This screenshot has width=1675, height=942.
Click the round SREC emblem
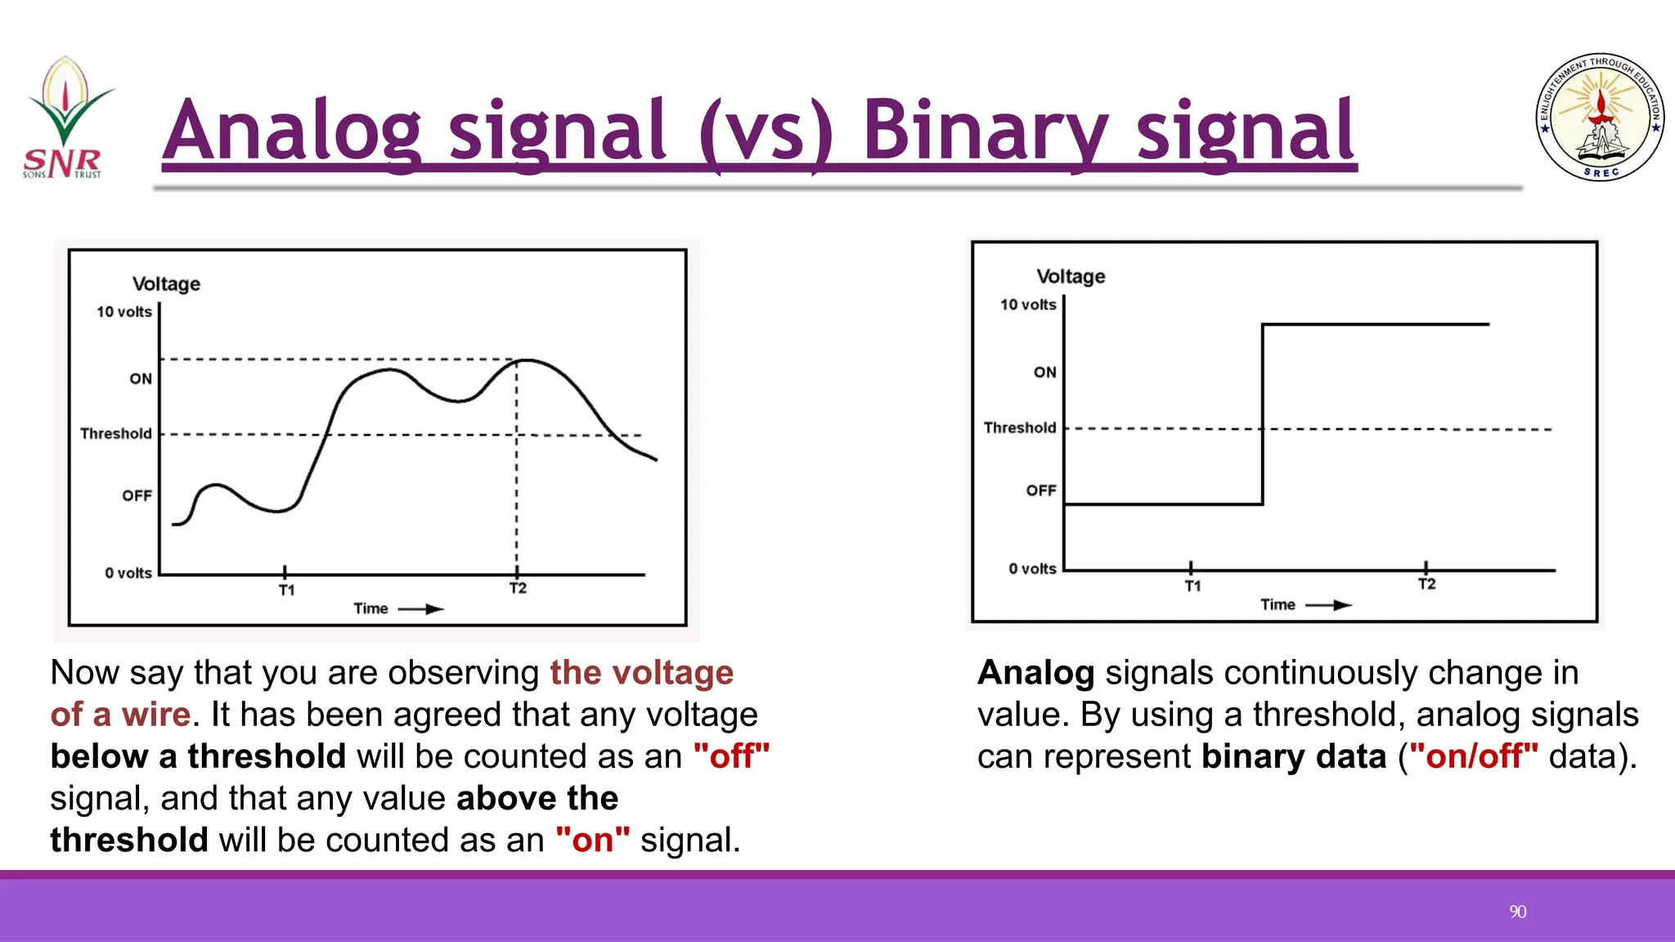tap(1600, 118)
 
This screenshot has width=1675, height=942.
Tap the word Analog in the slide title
tap(291, 131)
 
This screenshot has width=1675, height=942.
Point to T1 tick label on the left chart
tap(286, 590)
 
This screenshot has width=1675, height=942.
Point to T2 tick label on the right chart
tap(1426, 584)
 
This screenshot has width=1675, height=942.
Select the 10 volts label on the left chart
tap(124, 312)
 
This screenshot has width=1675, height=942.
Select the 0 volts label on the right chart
tap(1032, 568)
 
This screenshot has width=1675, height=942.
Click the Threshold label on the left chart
tap(116, 433)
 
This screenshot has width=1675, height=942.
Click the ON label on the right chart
tap(1044, 372)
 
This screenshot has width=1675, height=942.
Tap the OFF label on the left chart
tap(137, 496)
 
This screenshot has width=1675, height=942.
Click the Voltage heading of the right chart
tap(1071, 276)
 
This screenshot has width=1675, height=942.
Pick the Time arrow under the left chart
tap(422, 609)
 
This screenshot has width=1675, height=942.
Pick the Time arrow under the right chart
tap(1328, 605)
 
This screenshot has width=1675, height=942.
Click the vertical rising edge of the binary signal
tap(1263, 415)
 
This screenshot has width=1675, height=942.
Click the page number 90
tap(1517, 912)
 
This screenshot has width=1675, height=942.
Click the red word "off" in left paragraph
tap(731, 756)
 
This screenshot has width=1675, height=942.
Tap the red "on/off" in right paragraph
tap(1473, 756)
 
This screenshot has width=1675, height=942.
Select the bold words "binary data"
tap(1294, 756)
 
